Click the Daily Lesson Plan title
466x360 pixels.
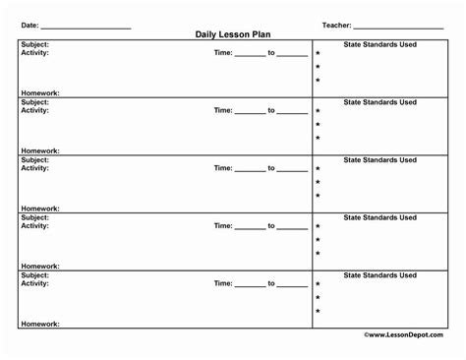coord(233,34)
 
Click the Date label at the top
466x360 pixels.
coord(30,25)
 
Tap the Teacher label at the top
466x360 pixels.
coord(336,25)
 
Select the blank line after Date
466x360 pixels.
coord(86,27)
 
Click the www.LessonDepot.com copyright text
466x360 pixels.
coord(402,334)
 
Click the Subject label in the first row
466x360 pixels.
coord(35,44)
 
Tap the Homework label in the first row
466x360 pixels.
coord(40,93)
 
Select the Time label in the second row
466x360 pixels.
coord(223,111)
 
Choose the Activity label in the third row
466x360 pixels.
coord(35,168)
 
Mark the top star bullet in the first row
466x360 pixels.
coord(318,54)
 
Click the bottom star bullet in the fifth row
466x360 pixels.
coord(318,312)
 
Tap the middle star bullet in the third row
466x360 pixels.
coord(318,183)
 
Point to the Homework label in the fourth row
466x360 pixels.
coord(40,266)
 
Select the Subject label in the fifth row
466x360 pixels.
coord(35,274)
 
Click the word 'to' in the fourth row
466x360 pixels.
coord(271,226)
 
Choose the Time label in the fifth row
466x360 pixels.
coord(223,283)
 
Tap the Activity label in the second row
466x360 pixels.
coord(35,111)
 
